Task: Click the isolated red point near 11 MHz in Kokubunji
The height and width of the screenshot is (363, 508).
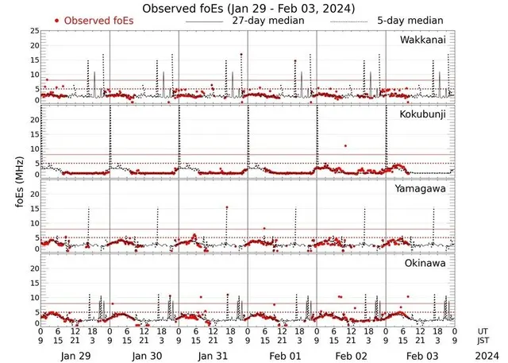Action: [345, 145]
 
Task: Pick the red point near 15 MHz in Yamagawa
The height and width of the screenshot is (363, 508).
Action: [226, 208]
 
